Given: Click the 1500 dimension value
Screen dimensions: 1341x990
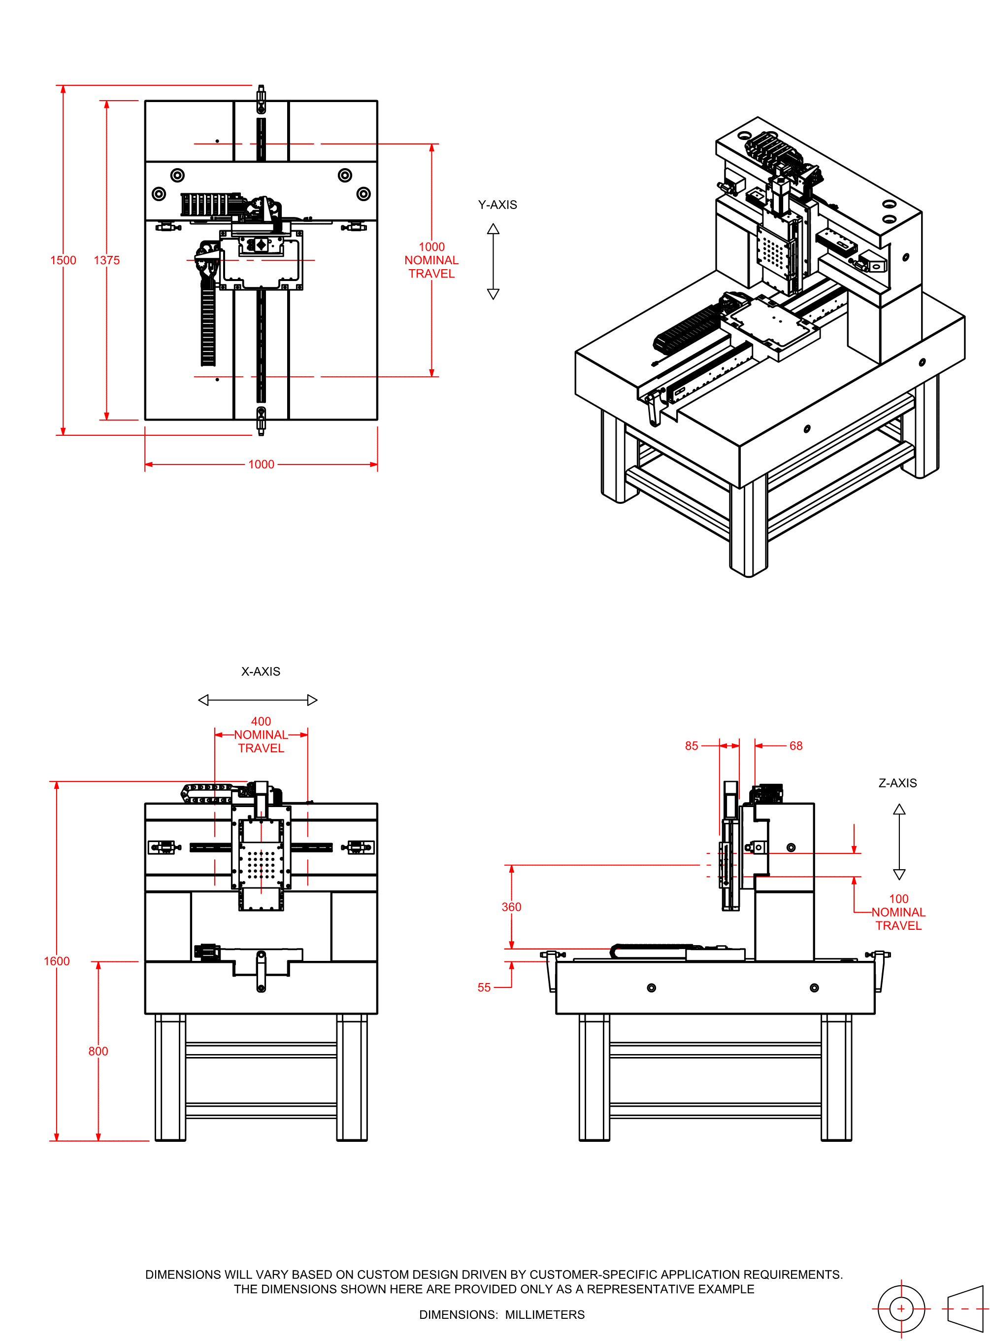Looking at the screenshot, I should coord(63,260).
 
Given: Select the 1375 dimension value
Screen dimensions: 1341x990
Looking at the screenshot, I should coord(107,260).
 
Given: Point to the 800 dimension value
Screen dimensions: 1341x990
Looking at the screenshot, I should coord(99,1051).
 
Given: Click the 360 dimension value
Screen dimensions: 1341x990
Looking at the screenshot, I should coord(511,907).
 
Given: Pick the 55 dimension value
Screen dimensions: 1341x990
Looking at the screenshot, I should coord(484,987).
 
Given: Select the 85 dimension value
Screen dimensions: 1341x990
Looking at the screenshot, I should coord(692,745).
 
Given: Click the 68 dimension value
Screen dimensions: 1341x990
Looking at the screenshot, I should coord(796,745).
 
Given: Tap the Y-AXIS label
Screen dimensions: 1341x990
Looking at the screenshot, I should coord(497,205).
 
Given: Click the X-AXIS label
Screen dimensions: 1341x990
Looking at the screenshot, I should coord(261,671).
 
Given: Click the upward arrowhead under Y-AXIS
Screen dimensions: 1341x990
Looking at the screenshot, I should coord(493,228).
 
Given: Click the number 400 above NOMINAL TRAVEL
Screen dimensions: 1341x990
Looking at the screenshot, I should coord(261,721).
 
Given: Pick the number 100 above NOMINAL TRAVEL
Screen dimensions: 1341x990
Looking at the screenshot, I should coord(899,898).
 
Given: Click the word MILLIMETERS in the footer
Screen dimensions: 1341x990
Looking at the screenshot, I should coord(545,1314).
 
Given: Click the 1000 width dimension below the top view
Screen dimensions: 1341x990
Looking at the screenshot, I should coord(261,464).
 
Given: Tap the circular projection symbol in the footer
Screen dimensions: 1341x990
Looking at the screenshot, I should coord(901,1308).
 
